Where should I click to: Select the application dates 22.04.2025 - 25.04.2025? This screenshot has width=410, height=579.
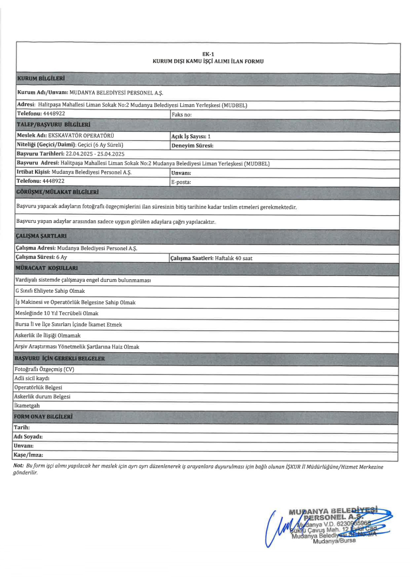tap(88, 154)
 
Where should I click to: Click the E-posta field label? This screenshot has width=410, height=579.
tap(181, 182)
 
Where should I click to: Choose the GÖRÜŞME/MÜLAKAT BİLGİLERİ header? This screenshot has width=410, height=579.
tap(59, 192)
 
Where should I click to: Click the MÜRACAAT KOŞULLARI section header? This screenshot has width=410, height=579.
tap(47, 268)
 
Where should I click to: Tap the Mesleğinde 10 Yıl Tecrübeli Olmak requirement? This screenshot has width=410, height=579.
tap(57, 313)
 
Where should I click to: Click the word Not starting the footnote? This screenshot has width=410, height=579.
tap(18, 465)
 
